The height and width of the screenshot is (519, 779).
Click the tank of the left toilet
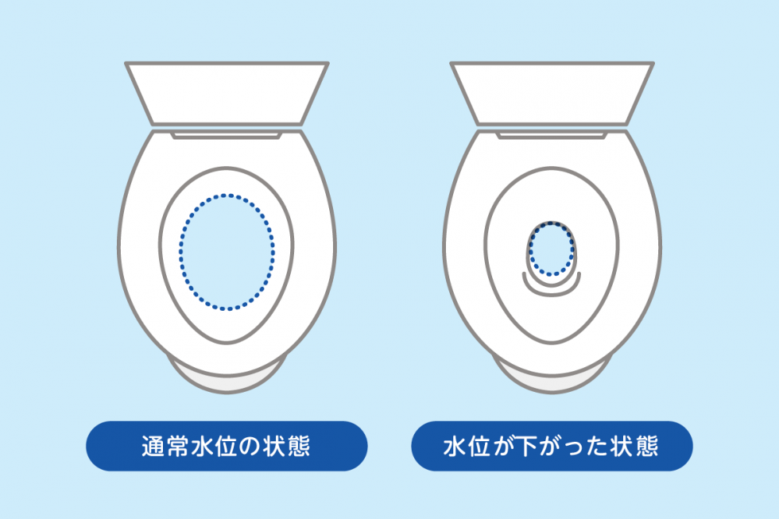click(227, 93)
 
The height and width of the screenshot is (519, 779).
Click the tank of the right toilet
click(552, 93)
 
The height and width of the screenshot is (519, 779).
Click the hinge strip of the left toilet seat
click(227, 134)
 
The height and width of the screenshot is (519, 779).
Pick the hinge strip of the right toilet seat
click(552, 134)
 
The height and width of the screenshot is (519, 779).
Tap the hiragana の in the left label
click(250, 447)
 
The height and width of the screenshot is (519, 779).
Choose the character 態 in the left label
click(298, 446)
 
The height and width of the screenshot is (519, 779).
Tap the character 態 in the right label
click(647, 446)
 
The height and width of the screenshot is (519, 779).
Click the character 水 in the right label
click(455, 446)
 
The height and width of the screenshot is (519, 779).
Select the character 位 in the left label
click(226, 446)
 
